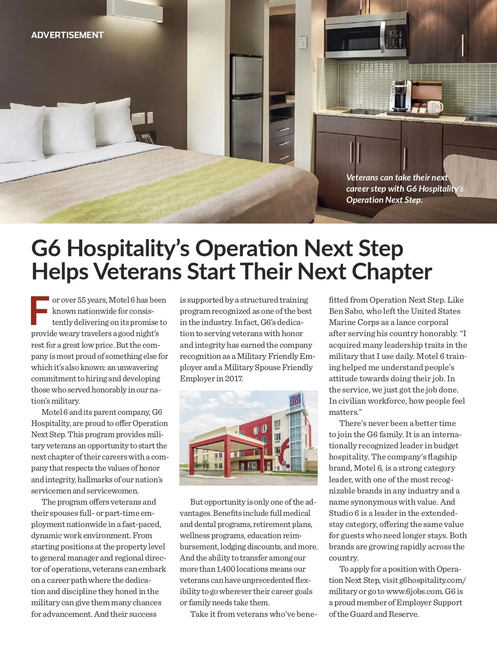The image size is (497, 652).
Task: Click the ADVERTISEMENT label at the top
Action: tap(67, 35)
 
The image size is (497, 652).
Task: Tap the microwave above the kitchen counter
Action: tap(366, 35)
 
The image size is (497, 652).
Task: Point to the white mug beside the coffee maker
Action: tap(437, 107)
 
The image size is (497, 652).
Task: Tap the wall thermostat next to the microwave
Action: tap(302, 43)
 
